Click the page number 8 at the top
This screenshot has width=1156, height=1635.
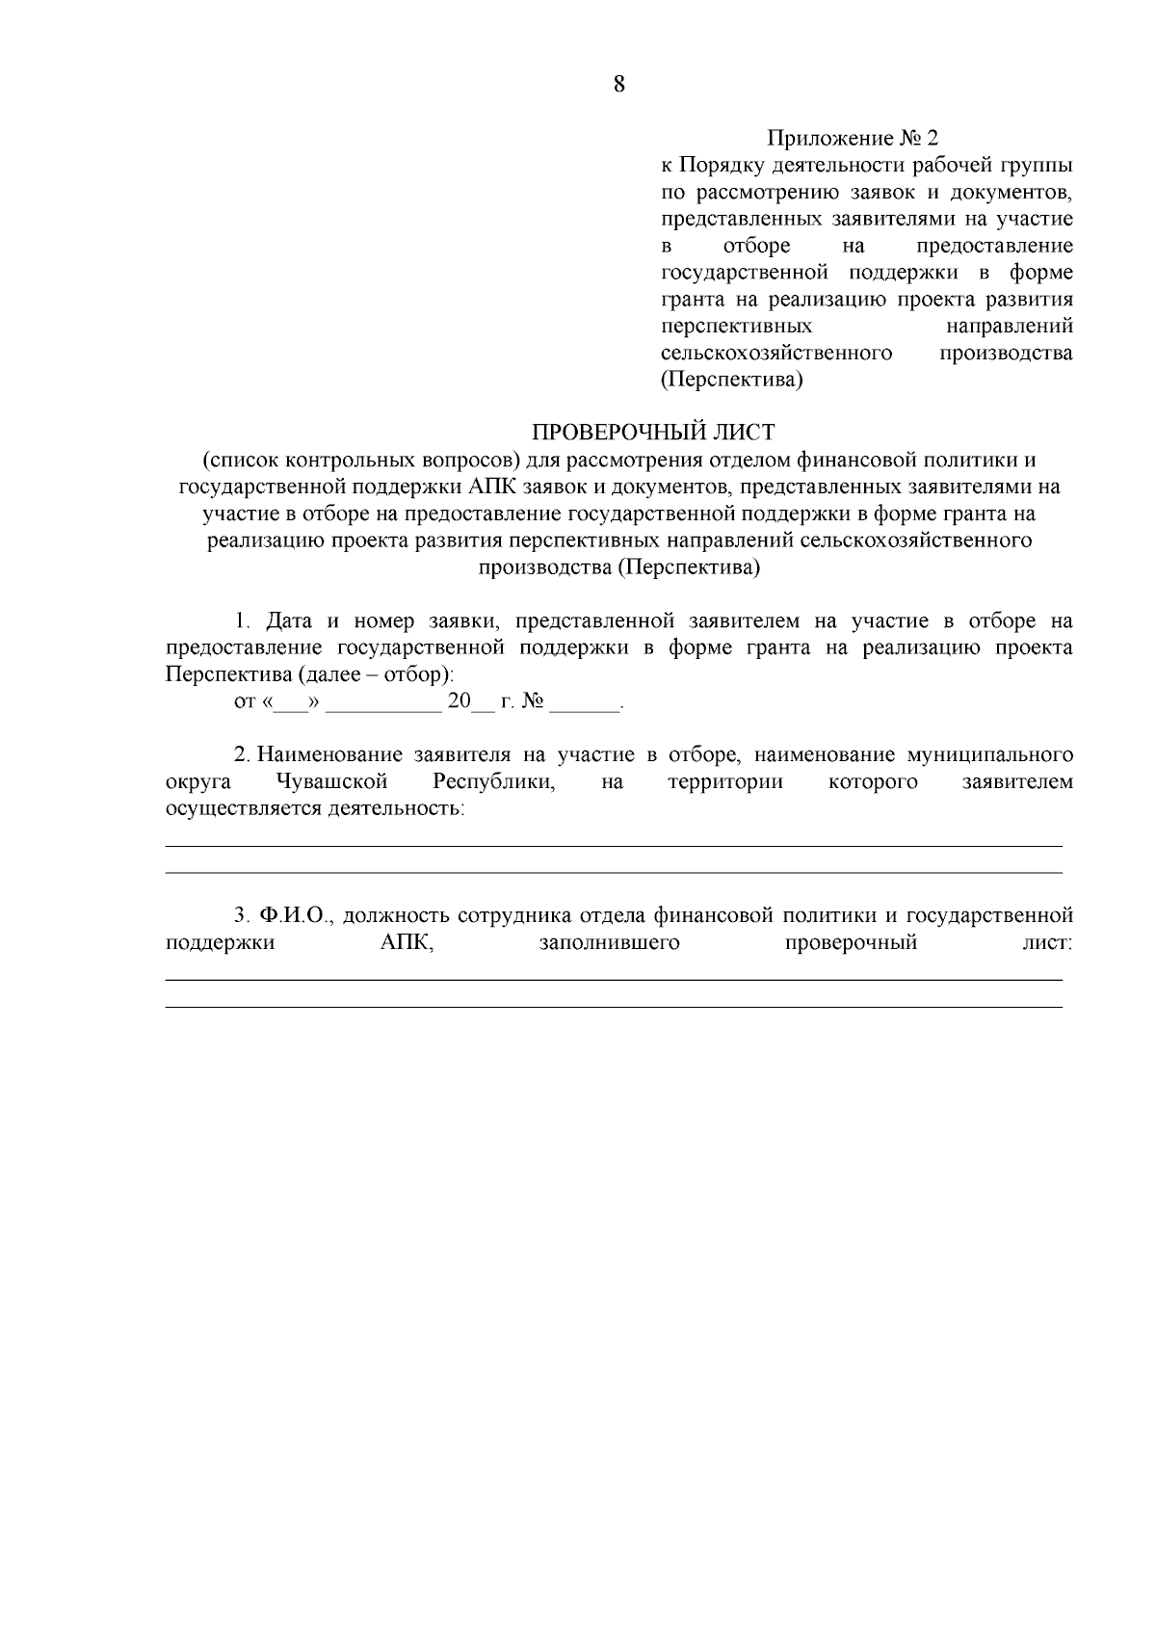click(618, 85)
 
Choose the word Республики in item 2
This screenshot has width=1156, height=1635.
click(494, 781)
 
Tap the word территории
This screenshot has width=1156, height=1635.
click(725, 781)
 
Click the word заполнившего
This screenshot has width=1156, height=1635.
click(610, 942)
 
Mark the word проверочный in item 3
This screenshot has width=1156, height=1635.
click(851, 942)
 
